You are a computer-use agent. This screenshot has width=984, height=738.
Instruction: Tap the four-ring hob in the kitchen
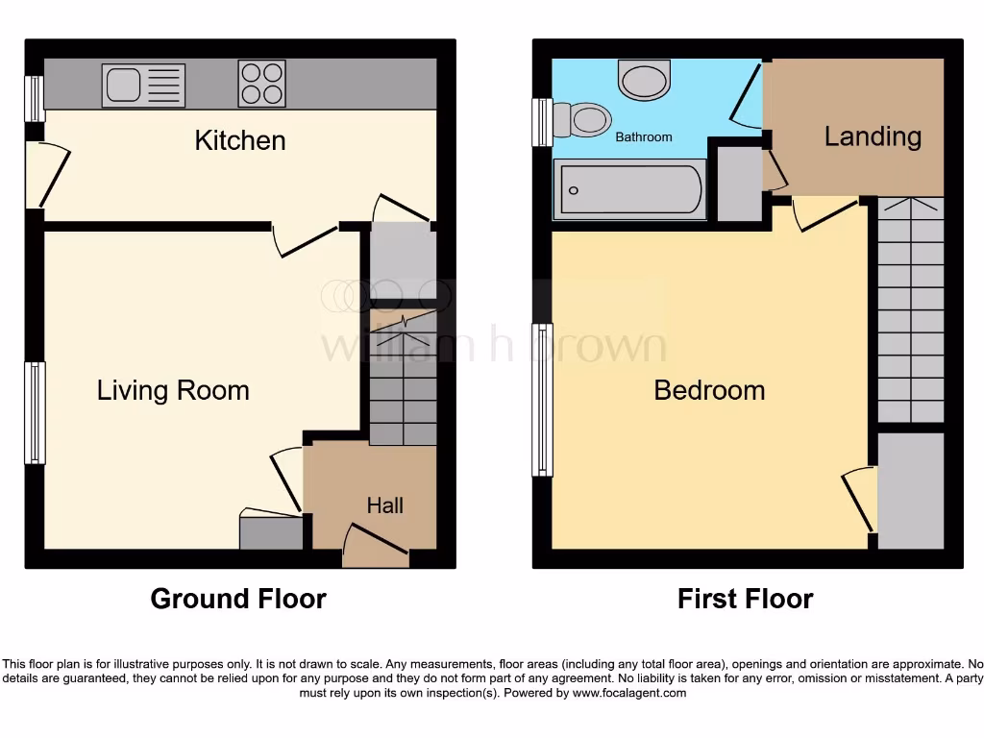[x=261, y=84]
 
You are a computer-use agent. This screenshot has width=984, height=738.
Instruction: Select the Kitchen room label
[x=240, y=140]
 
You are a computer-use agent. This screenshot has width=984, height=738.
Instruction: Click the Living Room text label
[x=173, y=390]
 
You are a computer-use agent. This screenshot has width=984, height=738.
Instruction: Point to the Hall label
[x=384, y=505]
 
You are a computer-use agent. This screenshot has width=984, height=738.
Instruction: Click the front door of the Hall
[x=376, y=545]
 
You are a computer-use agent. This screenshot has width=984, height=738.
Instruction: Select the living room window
[x=36, y=411]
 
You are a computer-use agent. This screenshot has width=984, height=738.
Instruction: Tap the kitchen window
[x=35, y=99]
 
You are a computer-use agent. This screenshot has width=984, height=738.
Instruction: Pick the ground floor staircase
[x=403, y=384]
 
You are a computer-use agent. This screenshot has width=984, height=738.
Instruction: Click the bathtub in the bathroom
[x=629, y=189]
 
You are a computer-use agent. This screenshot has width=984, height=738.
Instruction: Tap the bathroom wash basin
[x=645, y=80]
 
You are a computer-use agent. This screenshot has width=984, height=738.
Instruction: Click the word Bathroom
[x=644, y=137]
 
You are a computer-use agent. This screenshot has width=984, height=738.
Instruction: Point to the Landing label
[x=873, y=136]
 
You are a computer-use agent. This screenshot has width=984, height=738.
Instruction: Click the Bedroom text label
[x=709, y=390]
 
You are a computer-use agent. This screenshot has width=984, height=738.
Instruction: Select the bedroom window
[x=543, y=400]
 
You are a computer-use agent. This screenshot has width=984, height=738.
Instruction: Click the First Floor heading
[x=745, y=600]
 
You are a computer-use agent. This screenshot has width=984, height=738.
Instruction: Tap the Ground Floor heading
[x=238, y=600]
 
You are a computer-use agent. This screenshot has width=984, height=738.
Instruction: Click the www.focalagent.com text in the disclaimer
[x=628, y=693]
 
